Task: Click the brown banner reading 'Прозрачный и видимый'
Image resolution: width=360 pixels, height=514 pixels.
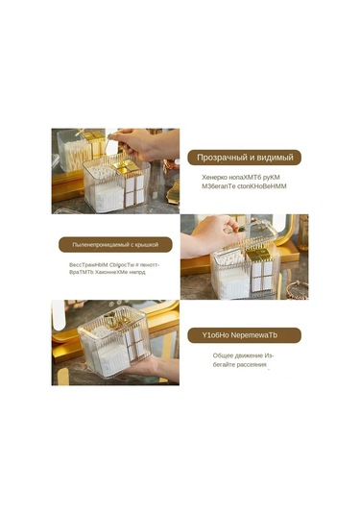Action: click(245, 157)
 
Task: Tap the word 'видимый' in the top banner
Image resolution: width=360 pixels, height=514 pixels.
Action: click(274, 157)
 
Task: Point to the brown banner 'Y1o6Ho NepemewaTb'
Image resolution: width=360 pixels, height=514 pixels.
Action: click(244, 335)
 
